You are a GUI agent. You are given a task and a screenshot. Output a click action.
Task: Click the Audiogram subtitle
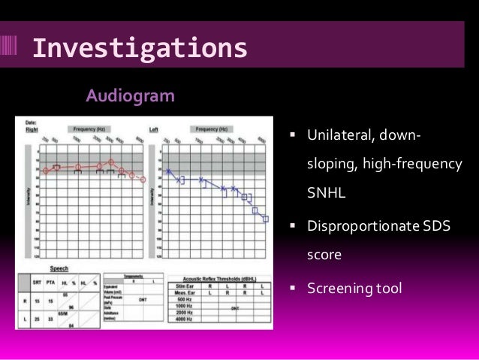point(130,96)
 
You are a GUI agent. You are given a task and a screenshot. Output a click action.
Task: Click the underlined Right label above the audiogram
point(32,129)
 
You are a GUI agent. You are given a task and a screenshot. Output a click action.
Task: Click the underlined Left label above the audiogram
point(154,129)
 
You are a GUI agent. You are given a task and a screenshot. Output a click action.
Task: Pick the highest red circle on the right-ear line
point(111,162)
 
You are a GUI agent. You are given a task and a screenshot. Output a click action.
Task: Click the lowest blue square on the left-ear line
point(265,219)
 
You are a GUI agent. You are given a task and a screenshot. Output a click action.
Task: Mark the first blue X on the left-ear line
point(170,172)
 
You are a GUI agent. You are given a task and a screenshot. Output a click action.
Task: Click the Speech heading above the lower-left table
point(59,268)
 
